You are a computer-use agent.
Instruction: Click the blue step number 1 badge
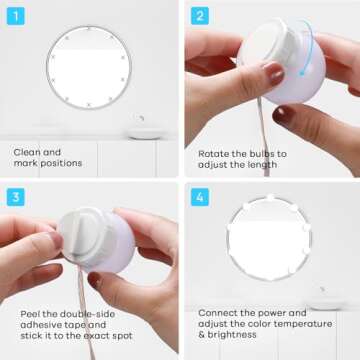click(16, 16)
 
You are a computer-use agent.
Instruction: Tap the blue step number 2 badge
click(200, 16)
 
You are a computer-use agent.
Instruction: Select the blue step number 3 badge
click(16, 197)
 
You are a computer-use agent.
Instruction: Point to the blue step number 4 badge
click(200, 197)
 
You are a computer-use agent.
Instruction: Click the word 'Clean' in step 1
click(27, 152)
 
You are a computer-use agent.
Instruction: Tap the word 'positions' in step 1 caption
click(61, 163)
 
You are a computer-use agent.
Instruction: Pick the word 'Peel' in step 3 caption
click(29, 314)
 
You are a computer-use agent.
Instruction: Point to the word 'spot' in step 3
click(122, 336)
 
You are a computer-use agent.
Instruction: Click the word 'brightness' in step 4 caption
click(232, 335)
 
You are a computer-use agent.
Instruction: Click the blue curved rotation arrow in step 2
click(309, 47)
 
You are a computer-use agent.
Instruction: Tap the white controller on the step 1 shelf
click(146, 132)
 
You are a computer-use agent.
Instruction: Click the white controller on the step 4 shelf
click(326, 302)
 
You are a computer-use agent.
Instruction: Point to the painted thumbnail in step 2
click(275, 73)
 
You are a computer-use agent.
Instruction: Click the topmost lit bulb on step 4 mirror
click(271, 197)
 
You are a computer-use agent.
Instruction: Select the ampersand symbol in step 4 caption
click(201, 335)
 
